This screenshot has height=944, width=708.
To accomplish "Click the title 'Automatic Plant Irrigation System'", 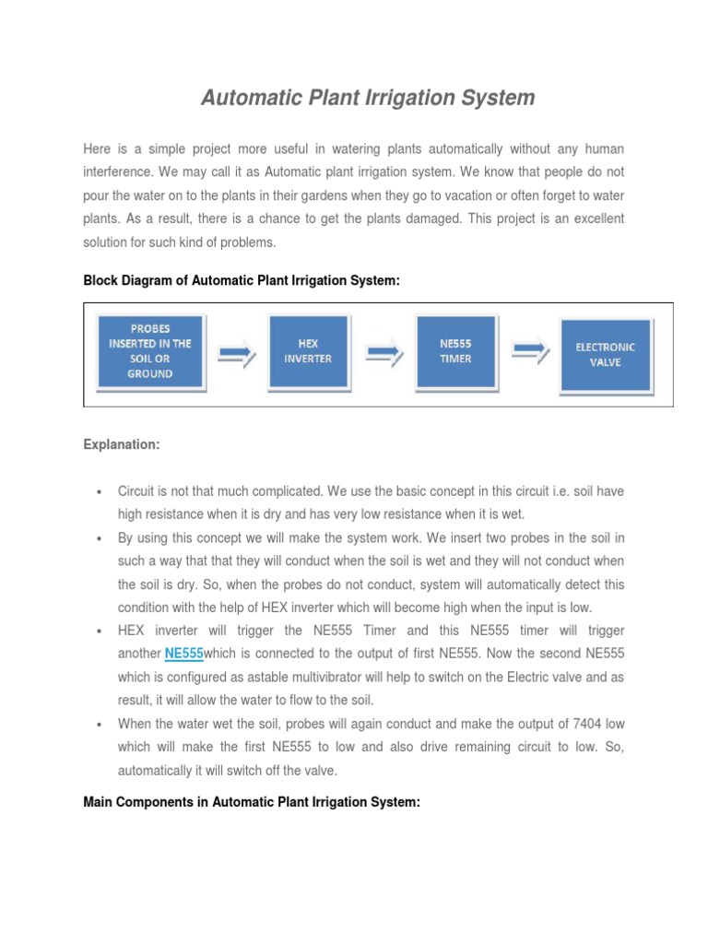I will pyautogui.click(x=368, y=98).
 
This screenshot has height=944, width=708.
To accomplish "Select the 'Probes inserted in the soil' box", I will pyautogui.click(x=149, y=351).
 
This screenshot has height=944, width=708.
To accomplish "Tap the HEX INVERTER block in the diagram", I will pyautogui.click(x=308, y=350).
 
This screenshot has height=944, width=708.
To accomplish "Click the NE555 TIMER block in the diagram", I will pyautogui.click(x=455, y=350).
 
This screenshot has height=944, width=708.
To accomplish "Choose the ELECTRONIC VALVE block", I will pyautogui.click(x=605, y=354).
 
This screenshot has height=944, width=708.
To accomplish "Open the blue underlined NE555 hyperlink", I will pyautogui.click(x=183, y=654).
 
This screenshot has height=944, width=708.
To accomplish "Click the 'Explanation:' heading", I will pyautogui.click(x=122, y=444).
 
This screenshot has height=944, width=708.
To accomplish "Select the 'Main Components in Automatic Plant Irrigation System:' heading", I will pyautogui.click(x=252, y=803).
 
